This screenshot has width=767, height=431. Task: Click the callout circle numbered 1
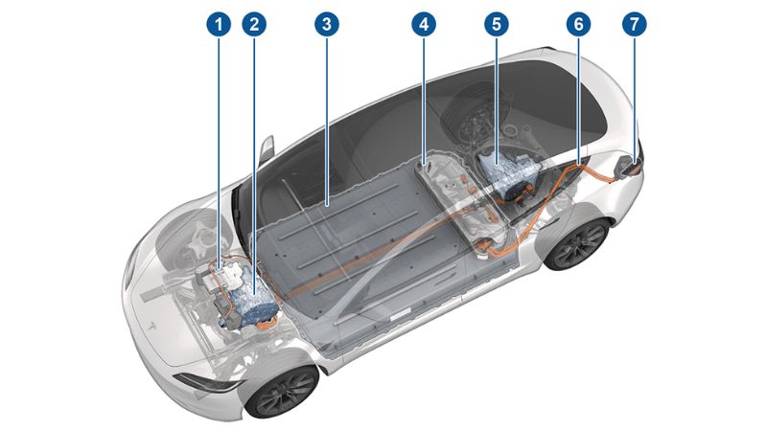click(x=221, y=24)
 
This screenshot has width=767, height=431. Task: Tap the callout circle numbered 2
click(x=254, y=24)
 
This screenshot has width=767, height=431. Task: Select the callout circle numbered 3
click(x=327, y=24)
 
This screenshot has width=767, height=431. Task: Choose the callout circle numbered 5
click(x=497, y=24)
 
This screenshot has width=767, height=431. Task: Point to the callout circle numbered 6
click(x=578, y=24)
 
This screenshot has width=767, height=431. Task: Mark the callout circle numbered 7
click(x=633, y=24)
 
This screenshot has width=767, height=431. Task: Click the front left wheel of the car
click(x=281, y=387)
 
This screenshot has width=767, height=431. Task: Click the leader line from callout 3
click(x=327, y=115)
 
